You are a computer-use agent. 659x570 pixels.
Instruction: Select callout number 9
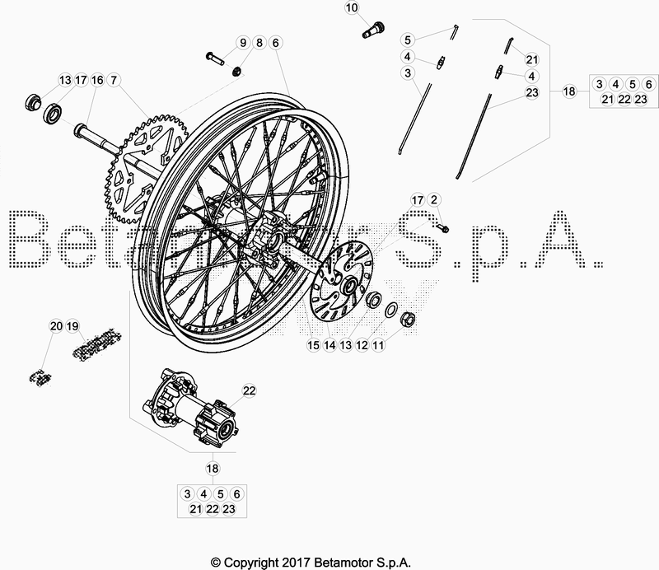click(x=243, y=43)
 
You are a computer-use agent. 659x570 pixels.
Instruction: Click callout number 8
click(x=259, y=43)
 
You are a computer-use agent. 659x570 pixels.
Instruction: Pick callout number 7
click(x=114, y=80)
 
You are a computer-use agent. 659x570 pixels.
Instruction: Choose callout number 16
click(x=97, y=80)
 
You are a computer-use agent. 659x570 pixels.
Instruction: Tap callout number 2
click(x=435, y=200)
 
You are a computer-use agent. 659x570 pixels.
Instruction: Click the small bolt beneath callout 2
click(x=442, y=227)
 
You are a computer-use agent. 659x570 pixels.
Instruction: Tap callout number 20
click(x=55, y=325)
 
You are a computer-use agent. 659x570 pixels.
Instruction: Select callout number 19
click(x=72, y=325)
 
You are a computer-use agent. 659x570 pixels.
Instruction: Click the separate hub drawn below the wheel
click(x=191, y=409)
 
